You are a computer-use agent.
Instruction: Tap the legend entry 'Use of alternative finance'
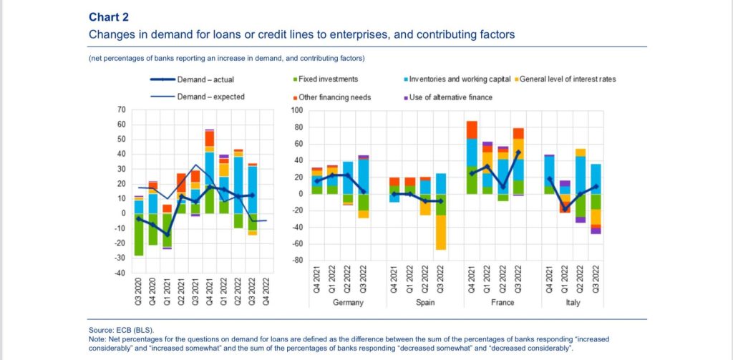point(445,97)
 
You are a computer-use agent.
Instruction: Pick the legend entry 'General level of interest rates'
point(565,79)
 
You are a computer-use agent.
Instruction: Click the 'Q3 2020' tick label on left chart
point(139,290)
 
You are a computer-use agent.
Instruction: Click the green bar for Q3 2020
point(139,234)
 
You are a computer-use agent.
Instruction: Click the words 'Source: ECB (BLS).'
point(120,329)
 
